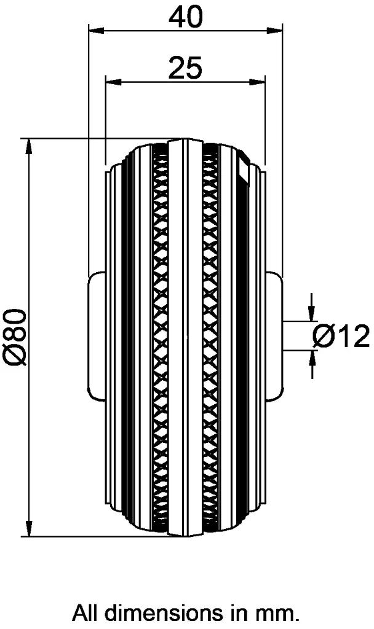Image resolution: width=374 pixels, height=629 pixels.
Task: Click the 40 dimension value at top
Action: (185, 17)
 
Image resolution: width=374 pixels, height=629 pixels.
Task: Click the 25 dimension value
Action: (185, 68)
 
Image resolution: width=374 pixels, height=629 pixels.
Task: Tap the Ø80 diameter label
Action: (17, 337)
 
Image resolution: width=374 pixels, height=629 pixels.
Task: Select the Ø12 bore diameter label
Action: (341, 337)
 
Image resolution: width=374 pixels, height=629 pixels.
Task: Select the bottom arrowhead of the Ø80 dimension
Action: (28, 529)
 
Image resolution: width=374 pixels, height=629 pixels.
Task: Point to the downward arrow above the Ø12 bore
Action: (312, 314)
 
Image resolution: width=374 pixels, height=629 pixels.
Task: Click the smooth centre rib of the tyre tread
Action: (185, 337)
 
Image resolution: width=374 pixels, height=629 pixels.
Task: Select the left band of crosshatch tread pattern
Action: (161, 337)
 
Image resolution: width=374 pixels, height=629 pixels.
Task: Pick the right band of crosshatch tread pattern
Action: (210, 337)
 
